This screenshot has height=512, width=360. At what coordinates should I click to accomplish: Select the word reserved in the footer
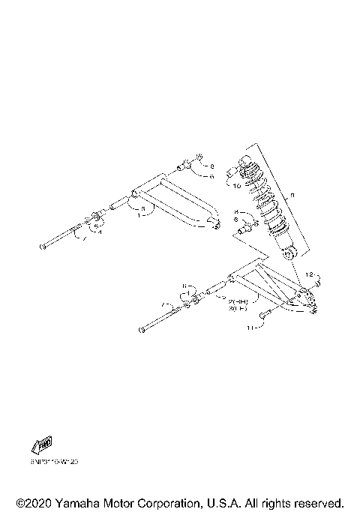point(318,502)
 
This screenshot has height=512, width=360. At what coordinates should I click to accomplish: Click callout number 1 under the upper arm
point(139,214)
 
